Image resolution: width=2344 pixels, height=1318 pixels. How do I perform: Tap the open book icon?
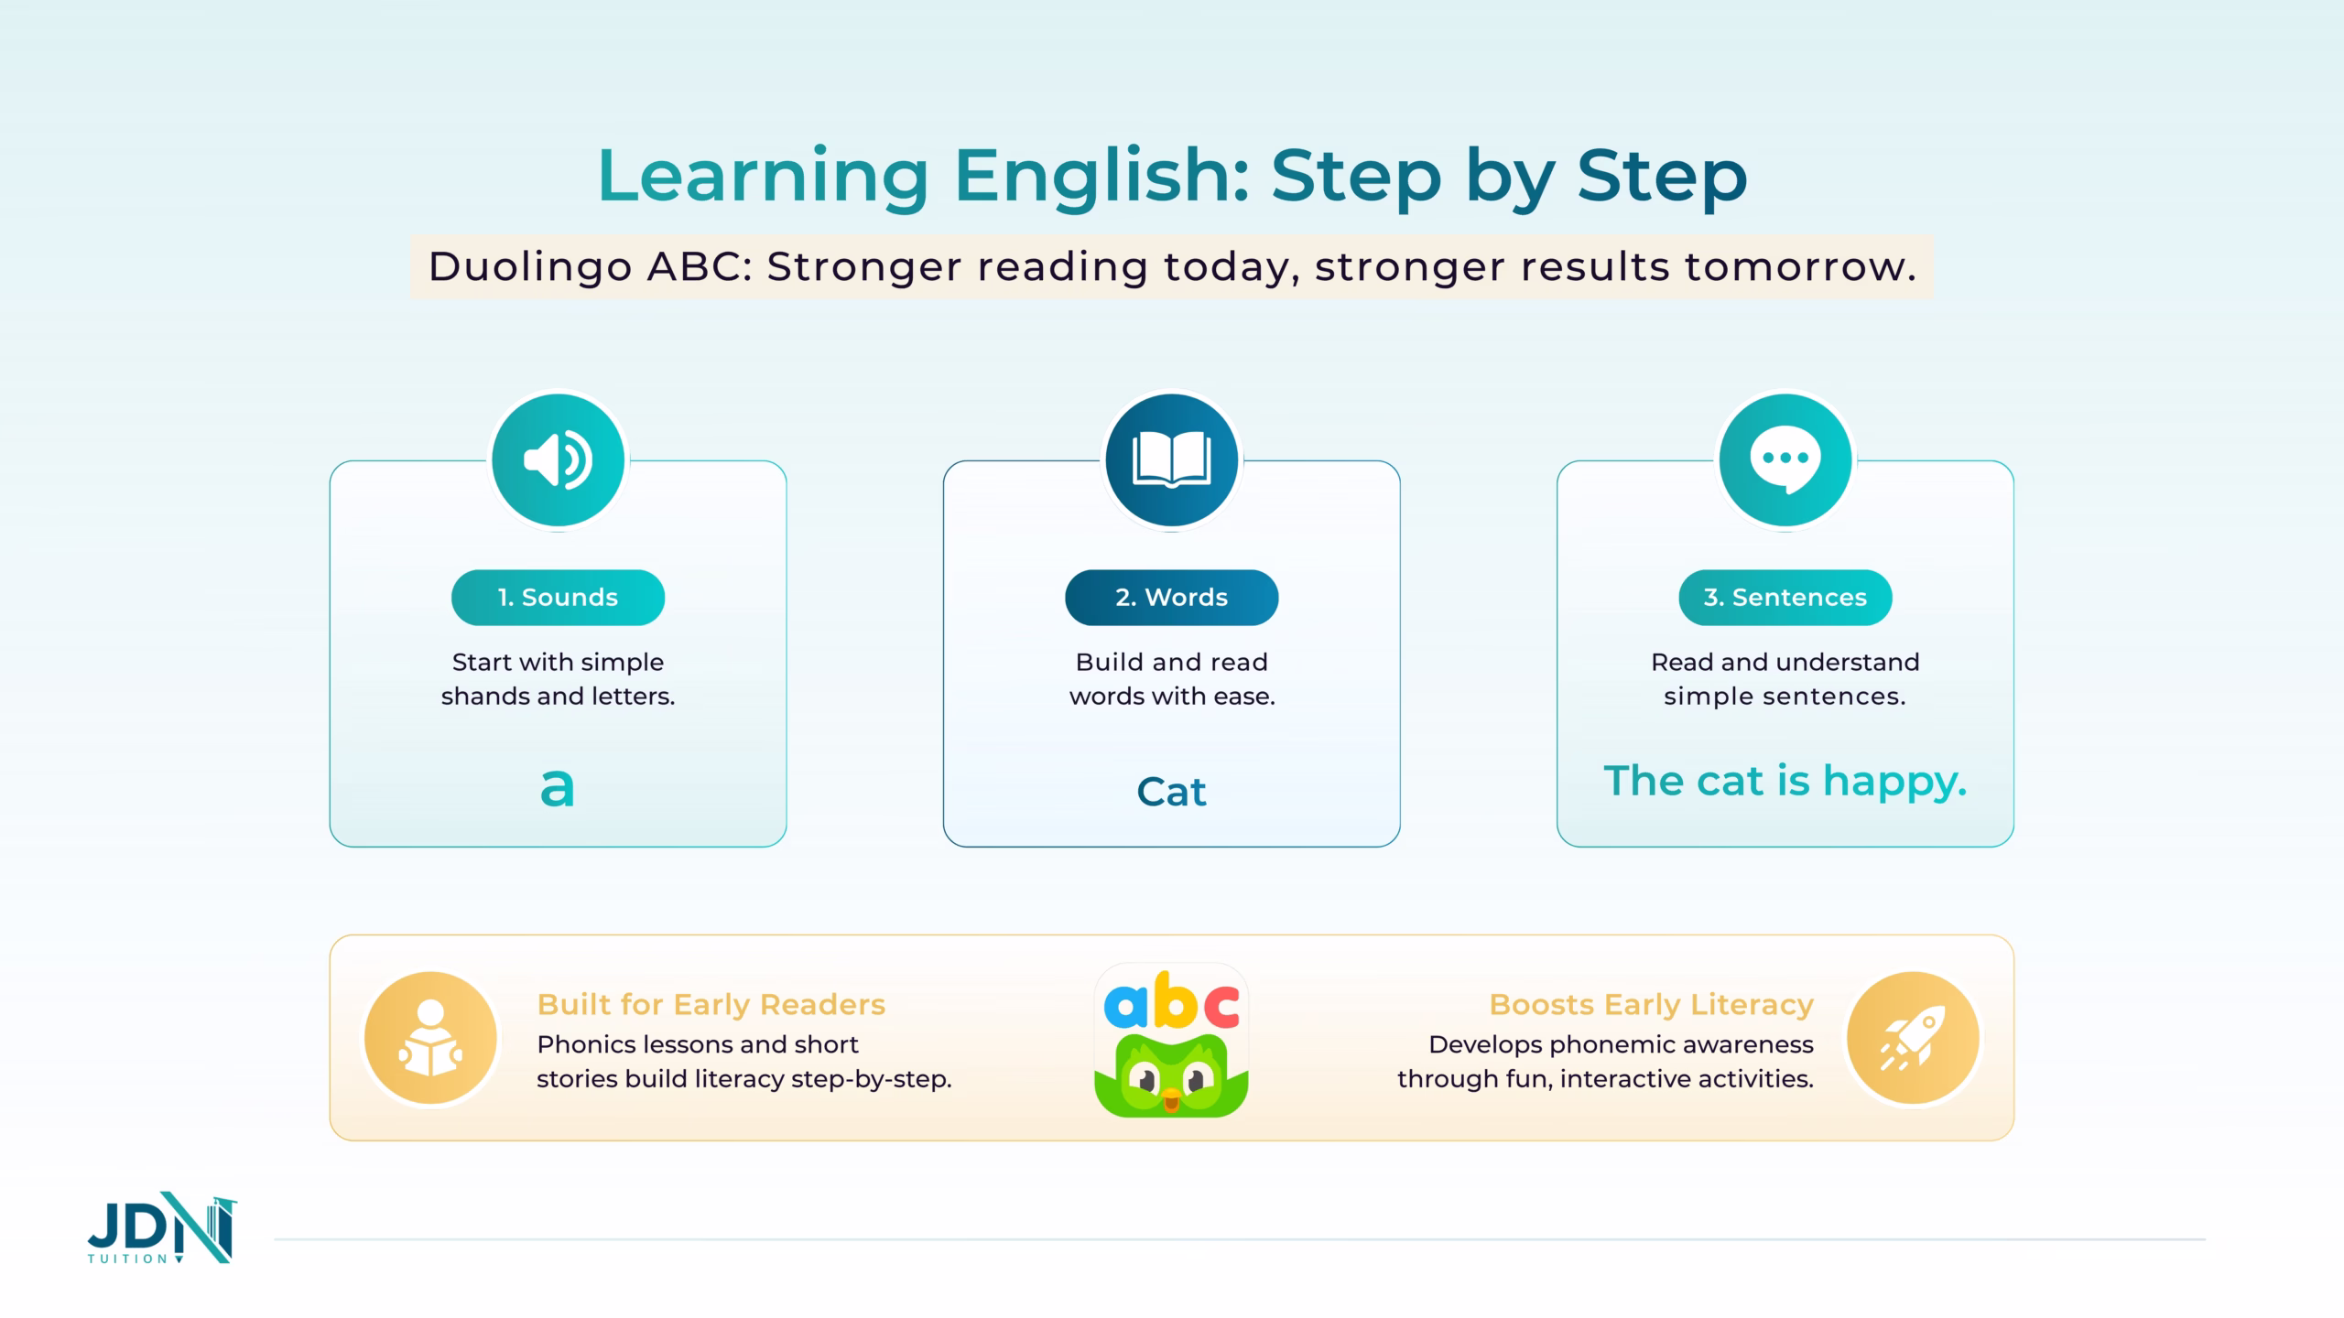tap(1171, 459)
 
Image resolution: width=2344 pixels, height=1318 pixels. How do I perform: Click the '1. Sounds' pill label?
tap(558, 598)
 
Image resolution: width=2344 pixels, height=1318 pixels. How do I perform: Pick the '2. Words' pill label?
tap(1171, 598)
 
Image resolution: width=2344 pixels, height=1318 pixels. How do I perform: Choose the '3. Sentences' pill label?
tap(1785, 598)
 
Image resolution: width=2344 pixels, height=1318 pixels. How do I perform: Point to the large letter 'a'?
tap(558, 788)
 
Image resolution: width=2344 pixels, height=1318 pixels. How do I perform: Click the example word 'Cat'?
tap(1171, 792)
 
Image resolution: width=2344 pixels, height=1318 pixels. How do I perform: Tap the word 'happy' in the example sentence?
tap(1894, 783)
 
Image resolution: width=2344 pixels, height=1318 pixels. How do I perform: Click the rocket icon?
tap(1913, 1039)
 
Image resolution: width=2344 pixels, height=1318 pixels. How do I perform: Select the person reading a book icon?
tap(430, 1039)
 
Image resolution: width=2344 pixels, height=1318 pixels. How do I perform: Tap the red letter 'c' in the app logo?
tap(1221, 1006)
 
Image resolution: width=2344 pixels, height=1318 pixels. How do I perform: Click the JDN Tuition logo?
tap(162, 1228)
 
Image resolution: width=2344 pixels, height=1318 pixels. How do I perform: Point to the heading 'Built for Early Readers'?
tap(711, 1005)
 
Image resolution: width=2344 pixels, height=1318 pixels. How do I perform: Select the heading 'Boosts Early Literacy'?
tap(1652, 1005)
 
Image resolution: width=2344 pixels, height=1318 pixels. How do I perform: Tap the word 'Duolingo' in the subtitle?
tap(530, 267)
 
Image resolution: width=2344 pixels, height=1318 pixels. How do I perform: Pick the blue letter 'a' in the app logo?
tap(1124, 1007)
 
